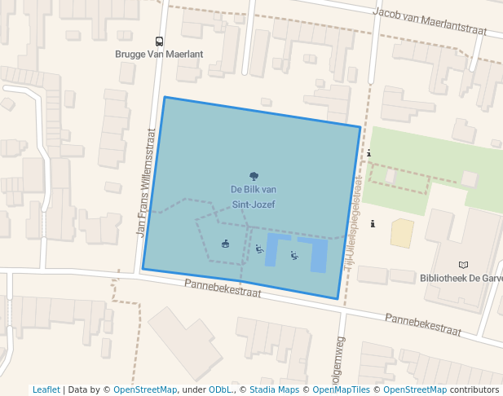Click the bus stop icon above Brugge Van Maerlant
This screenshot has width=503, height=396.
[x=159, y=41]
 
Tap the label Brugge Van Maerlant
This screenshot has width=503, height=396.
[x=159, y=54]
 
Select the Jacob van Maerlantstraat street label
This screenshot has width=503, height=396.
[x=429, y=22]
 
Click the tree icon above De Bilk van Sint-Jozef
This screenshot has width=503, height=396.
[x=254, y=176]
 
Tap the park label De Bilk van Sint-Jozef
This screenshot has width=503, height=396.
[x=253, y=196]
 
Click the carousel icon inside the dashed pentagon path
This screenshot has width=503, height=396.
[x=225, y=243]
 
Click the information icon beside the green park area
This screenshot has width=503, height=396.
[x=369, y=153]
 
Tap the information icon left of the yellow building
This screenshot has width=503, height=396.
[x=373, y=223]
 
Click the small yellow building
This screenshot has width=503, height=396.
[x=402, y=233]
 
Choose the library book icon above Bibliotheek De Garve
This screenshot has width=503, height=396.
[x=463, y=265]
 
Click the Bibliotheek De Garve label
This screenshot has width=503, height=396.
[x=461, y=278]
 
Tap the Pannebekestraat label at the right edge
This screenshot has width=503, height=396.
[x=423, y=324]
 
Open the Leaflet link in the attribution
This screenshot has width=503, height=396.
[x=46, y=389]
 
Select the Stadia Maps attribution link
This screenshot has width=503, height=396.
[x=274, y=389]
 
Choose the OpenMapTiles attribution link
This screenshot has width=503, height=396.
[x=342, y=389]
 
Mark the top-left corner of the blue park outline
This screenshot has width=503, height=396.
[x=165, y=98]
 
